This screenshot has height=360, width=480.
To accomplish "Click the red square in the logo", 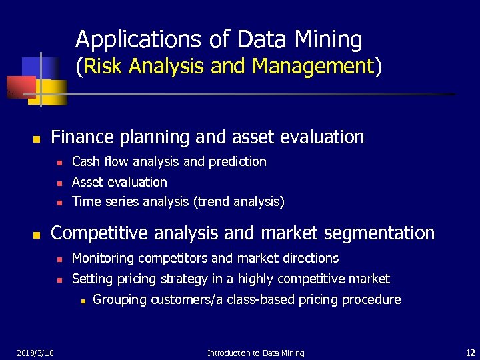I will click(x=19, y=87).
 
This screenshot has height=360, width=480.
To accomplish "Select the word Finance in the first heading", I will click(x=83, y=137).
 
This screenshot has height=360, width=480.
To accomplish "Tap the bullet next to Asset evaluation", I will click(x=59, y=183).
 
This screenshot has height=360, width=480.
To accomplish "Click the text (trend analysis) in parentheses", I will click(x=239, y=202).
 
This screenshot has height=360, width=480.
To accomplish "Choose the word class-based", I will click(x=257, y=299).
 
